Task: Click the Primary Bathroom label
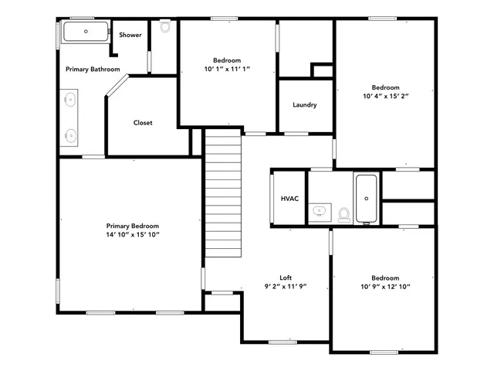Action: coord(93,70)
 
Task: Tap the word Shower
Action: coord(130,35)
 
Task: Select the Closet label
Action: coord(143,122)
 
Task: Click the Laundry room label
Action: coord(305,105)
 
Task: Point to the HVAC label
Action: coord(289,199)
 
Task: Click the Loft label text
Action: coord(286,277)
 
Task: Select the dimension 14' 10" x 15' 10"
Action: coord(133,234)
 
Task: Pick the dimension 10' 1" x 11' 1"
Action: coord(227,70)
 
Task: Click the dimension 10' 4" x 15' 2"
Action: coord(385,97)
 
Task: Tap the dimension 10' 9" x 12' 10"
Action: coord(385,288)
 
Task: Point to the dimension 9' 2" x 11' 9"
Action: coord(286,286)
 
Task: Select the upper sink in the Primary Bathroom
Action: coord(70,99)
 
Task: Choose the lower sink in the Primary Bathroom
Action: coord(70,134)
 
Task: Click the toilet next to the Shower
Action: coord(164,27)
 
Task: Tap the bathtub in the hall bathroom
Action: coord(366,198)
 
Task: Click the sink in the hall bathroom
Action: coord(319,210)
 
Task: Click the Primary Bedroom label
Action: coord(133,225)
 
